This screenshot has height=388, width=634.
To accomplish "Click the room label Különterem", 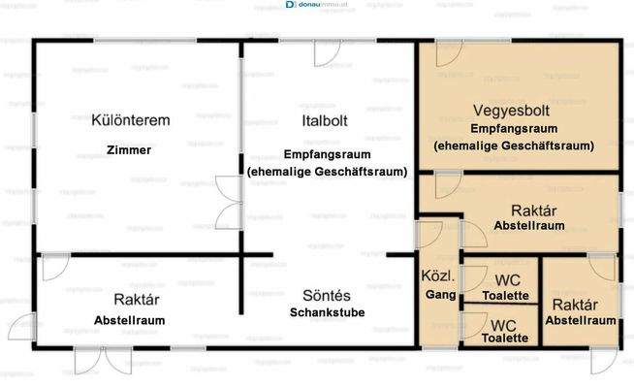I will [130, 120].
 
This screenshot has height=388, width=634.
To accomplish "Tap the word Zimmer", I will [130, 150].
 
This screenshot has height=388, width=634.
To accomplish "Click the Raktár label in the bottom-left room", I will [130, 300].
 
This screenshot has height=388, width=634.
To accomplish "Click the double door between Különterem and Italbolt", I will [228, 201].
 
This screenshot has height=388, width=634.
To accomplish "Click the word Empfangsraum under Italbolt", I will [326, 154].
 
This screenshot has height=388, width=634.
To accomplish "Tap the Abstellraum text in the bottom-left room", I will [130, 320].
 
